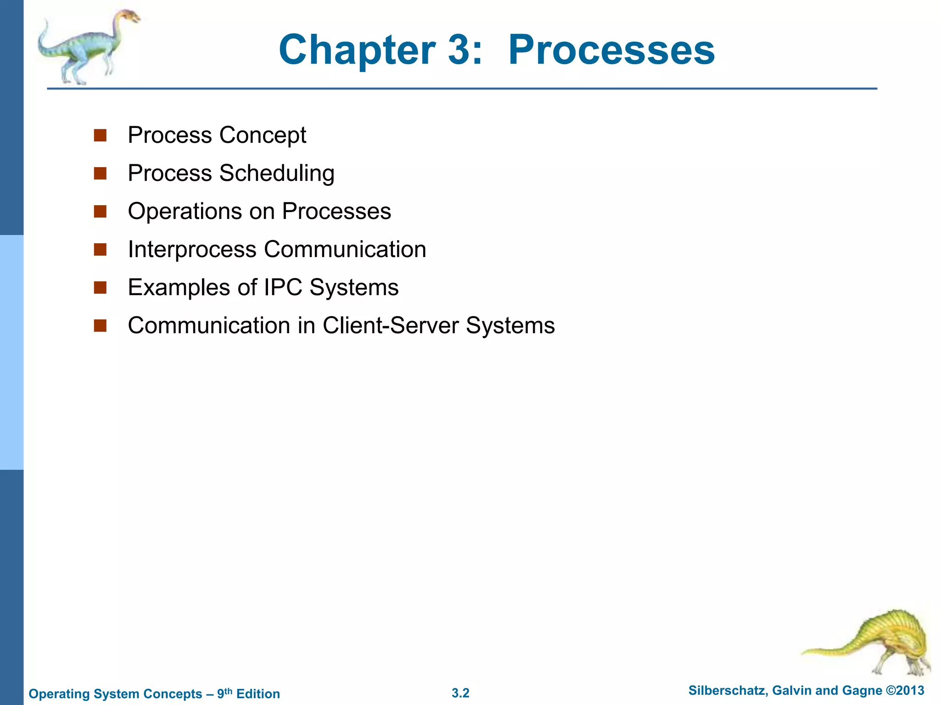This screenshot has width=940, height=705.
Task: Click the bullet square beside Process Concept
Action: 100,135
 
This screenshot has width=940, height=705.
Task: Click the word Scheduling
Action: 277,174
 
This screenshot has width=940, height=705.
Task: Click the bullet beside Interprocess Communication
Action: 100,250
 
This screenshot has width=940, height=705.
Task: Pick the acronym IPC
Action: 283,288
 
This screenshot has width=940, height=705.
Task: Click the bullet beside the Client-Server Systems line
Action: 100,326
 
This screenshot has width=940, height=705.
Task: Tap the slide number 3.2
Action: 460,693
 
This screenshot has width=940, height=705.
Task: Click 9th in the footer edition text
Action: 224,693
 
